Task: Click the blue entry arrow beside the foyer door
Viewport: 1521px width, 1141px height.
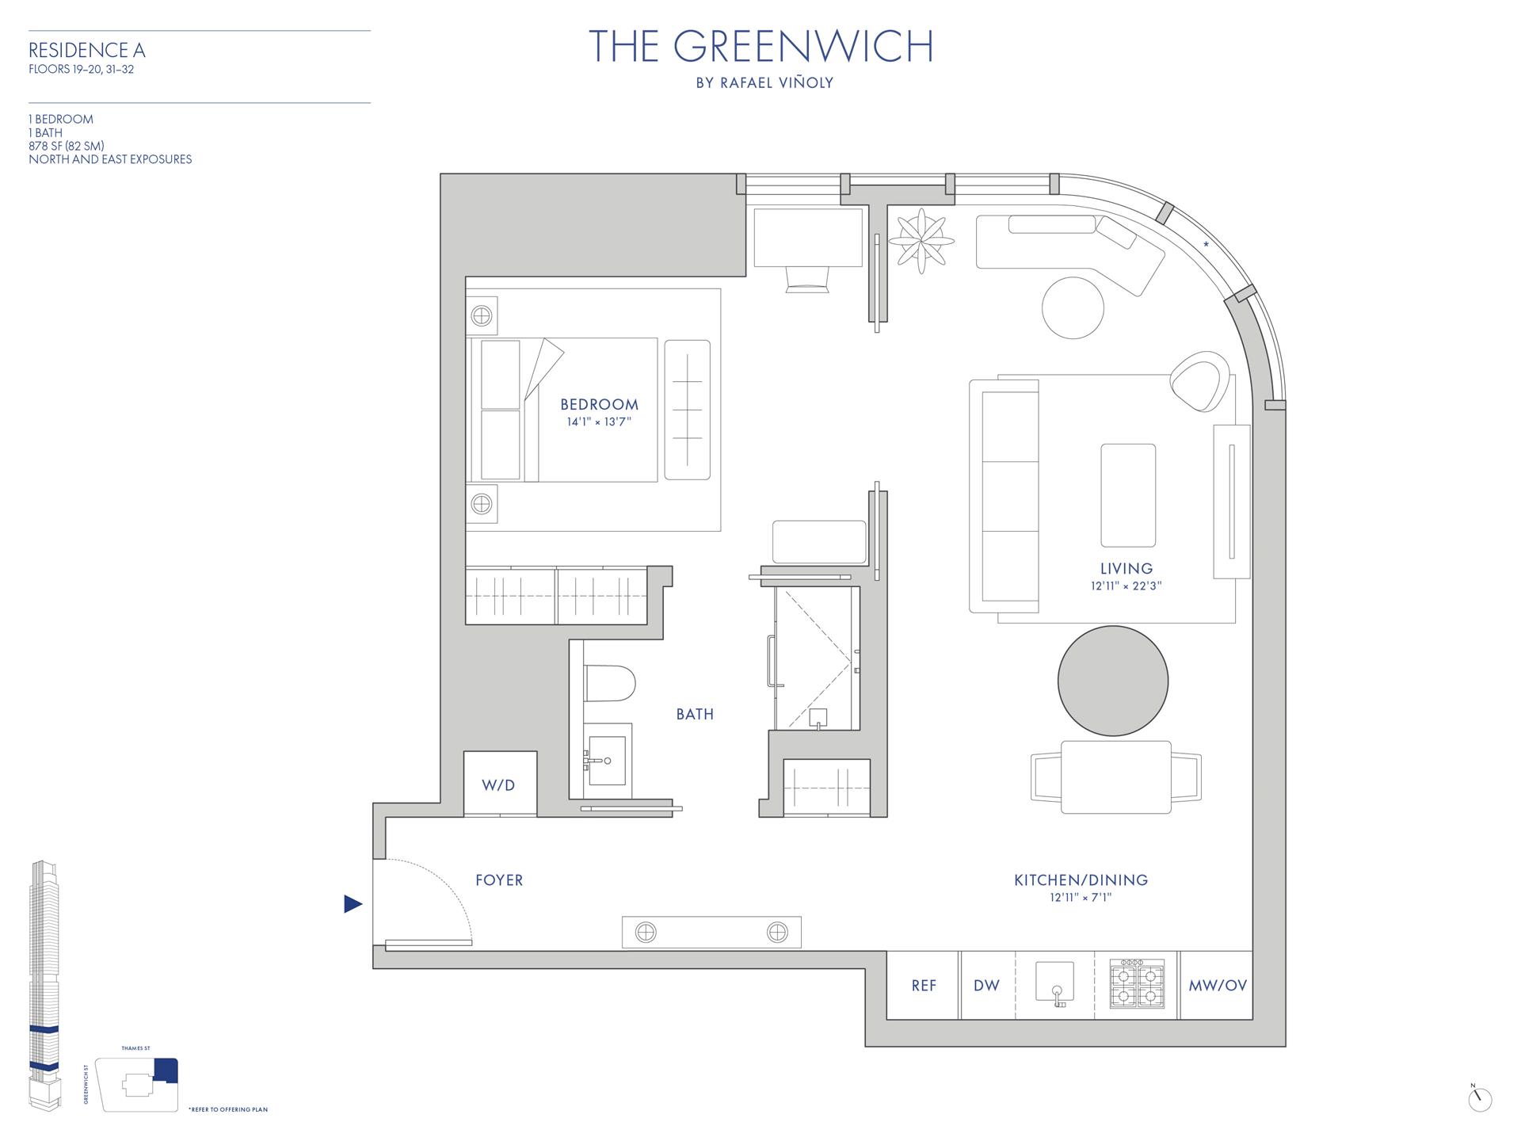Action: [353, 903]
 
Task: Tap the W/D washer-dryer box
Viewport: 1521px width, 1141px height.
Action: [499, 784]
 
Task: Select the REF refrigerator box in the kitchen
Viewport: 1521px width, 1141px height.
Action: [923, 986]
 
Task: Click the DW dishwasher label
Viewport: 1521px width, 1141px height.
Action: [986, 986]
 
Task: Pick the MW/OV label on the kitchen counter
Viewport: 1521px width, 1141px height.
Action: [1217, 986]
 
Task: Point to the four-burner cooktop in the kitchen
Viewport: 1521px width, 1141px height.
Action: [1137, 984]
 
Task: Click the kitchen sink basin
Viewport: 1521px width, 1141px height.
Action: [1055, 983]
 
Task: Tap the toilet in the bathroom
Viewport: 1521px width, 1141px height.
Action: [611, 683]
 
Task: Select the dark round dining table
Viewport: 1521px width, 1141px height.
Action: [1112, 680]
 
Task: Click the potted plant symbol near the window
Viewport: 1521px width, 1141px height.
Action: [921, 239]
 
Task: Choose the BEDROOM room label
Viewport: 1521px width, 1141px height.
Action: [599, 405]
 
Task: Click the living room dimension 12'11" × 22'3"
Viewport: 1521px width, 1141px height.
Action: [1126, 586]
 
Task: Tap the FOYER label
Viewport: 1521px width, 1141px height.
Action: [499, 880]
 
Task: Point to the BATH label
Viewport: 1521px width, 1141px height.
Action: [695, 715]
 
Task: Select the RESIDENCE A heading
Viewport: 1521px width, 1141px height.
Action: [87, 51]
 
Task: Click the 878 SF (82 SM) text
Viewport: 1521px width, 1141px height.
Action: [67, 146]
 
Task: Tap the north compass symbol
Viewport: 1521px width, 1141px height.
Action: [1479, 1099]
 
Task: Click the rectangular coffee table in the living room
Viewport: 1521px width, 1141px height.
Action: [1127, 495]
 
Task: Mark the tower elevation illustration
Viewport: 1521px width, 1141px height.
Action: [44, 986]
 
